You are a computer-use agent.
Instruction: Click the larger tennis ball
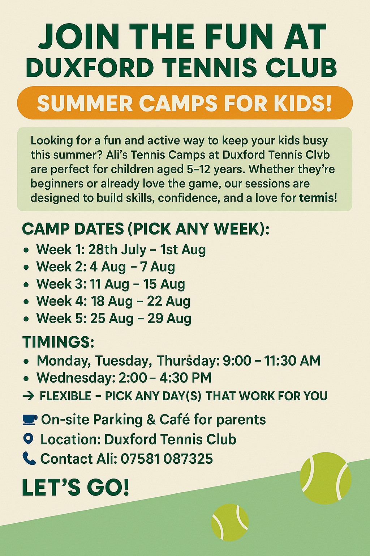[326, 478]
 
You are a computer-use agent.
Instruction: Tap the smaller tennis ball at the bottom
[230, 522]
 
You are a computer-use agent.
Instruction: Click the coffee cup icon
[30, 420]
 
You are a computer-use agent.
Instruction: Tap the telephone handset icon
[29, 458]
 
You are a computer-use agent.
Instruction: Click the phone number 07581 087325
[167, 459]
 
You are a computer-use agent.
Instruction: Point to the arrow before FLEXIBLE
[28, 396]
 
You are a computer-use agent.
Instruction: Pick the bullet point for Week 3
[26, 284]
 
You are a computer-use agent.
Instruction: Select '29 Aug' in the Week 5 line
[169, 319]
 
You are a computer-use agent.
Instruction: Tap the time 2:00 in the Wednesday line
[133, 378]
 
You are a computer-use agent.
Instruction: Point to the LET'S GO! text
[76, 487]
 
